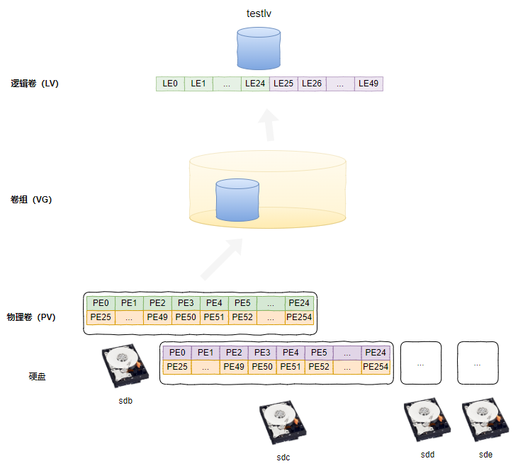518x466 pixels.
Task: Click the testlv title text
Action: pos(259,13)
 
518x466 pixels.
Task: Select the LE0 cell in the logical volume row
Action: pos(170,84)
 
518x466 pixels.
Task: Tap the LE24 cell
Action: pos(255,84)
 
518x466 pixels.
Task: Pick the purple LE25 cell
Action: pos(283,84)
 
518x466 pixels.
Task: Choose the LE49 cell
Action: pos(368,84)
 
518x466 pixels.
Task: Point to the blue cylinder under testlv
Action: pos(259,49)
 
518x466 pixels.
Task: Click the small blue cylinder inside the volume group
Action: pos(237,200)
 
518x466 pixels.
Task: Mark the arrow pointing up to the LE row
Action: pos(269,125)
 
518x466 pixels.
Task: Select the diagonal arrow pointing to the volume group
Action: pos(222,260)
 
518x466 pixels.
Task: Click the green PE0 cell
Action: pos(101,303)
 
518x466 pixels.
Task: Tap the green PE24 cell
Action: pos(299,303)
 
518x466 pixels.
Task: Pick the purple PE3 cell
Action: pos(262,353)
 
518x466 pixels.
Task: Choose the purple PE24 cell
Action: pos(376,353)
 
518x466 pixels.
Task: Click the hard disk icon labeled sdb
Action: pos(125,365)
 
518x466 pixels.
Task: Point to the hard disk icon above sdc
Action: pos(283,422)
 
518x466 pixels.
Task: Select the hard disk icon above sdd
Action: pos(427,420)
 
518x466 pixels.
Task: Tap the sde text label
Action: pos(485,455)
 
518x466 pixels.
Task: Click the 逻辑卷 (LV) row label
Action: pos(35,84)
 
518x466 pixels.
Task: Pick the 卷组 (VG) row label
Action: pos(31,200)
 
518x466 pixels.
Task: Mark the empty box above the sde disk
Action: pos(478,363)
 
